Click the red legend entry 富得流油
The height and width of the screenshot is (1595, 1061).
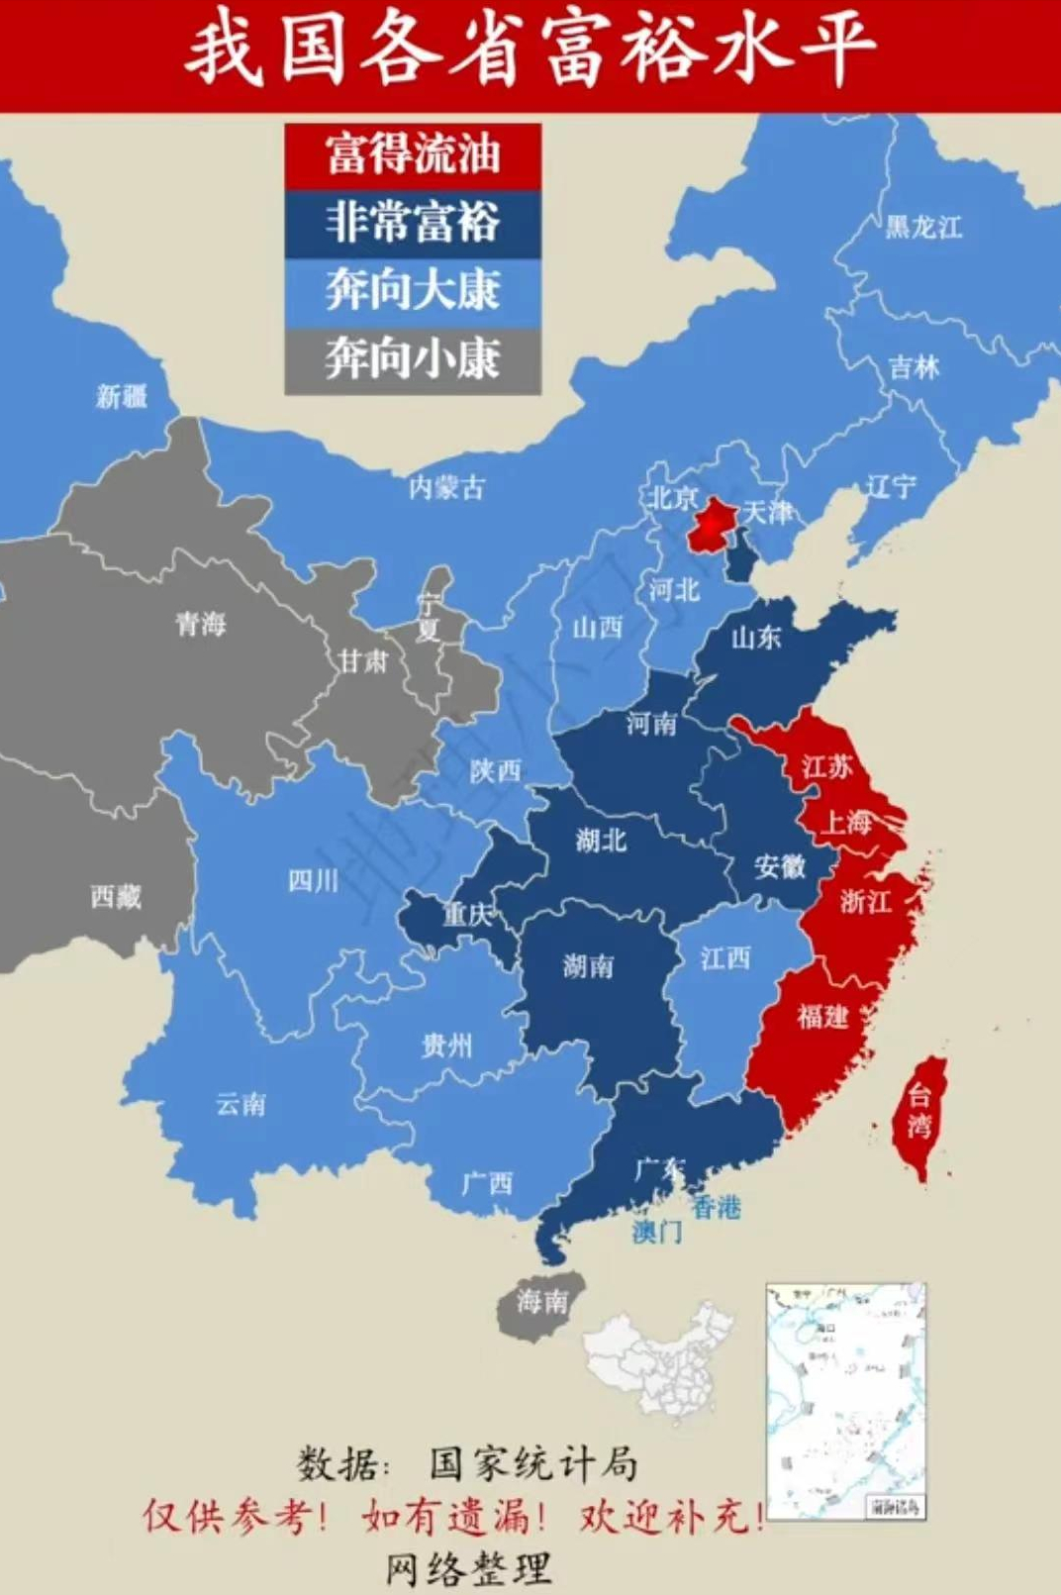[x=413, y=155]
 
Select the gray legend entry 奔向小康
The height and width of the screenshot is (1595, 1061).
[x=413, y=358]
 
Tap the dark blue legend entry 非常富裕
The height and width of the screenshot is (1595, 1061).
[x=413, y=223]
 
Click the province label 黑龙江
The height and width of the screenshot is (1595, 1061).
[x=922, y=227]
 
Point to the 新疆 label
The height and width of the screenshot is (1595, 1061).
[x=122, y=396]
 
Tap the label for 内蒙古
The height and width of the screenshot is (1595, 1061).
[x=446, y=487]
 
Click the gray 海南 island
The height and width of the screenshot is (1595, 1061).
[x=541, y=1301]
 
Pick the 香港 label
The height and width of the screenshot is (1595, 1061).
[x=716, y=1206]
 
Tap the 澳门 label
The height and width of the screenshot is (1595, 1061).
[x=657, y=1232]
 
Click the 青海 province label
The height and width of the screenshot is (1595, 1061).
[x=201, y=624]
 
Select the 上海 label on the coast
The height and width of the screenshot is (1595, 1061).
[x=848, y=822]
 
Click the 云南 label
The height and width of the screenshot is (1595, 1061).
[x=241, y=1104]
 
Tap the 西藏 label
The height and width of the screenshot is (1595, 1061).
[x=116, y=896]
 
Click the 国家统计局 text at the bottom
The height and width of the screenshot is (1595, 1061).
[x=533, y=1462]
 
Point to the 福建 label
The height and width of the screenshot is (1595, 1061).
[x=822, y=1016]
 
